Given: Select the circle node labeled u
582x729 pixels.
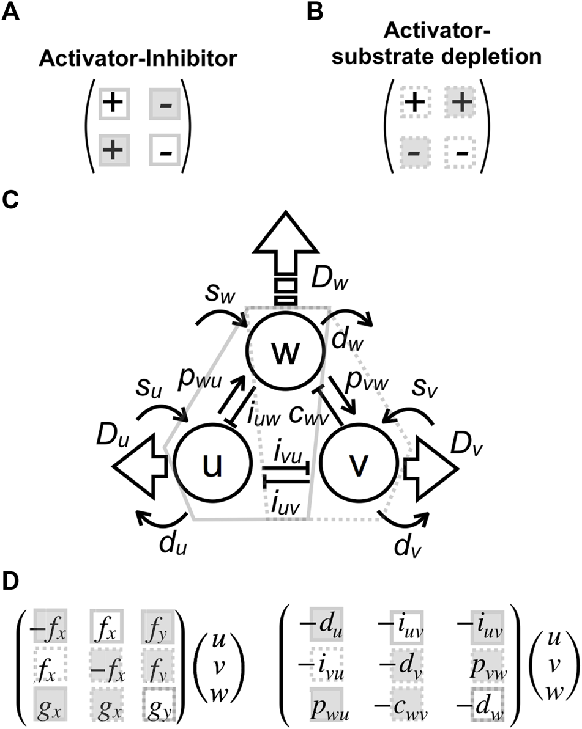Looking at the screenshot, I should [x=213, y=466].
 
